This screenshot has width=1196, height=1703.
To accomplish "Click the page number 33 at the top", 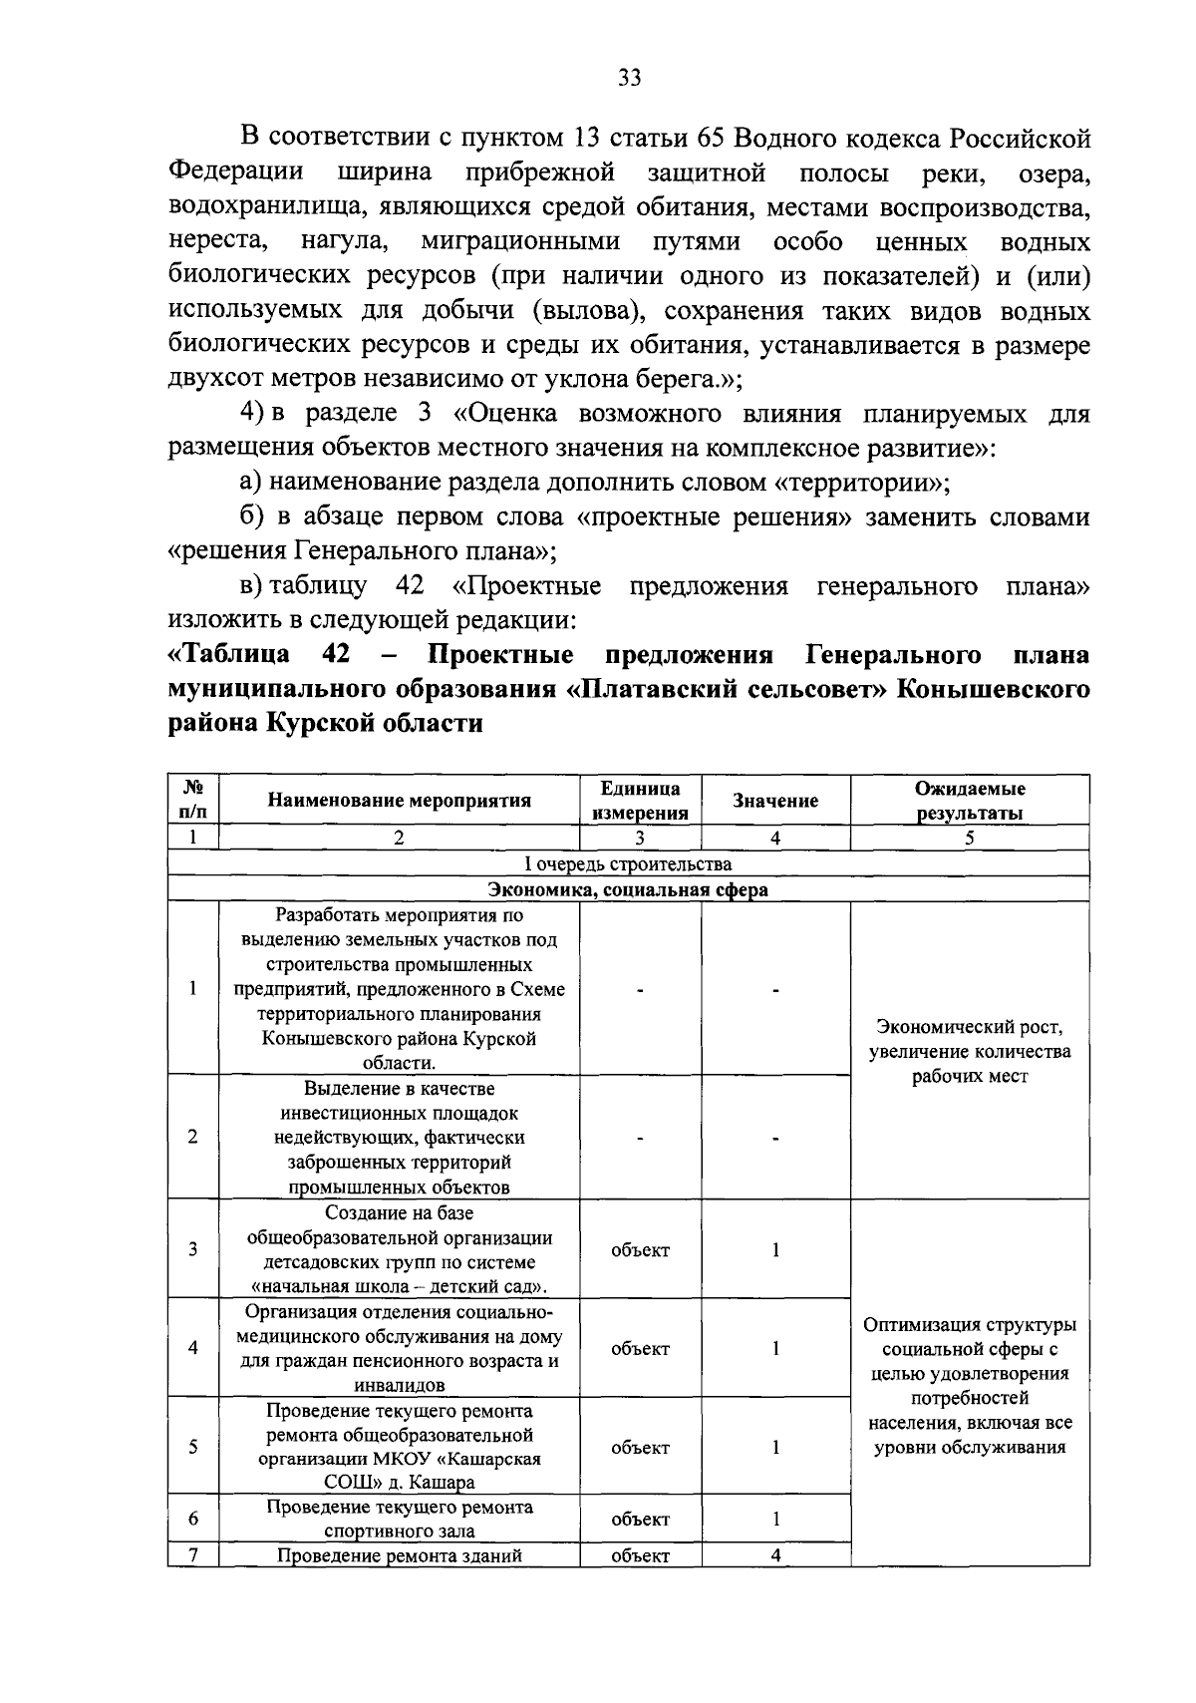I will point(628,79).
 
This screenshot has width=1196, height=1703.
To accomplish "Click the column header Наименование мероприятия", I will point(399,800).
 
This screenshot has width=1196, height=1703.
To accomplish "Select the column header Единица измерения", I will point(640,800).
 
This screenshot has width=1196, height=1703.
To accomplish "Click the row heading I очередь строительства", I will point(628,863).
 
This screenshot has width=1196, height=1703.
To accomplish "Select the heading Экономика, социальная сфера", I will point(628,889).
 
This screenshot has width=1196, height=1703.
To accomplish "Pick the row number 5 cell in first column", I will point(192,1447).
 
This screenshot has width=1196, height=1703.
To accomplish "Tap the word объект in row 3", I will point(640,1249).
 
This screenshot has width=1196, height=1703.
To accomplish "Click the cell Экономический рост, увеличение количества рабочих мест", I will point(969,1051).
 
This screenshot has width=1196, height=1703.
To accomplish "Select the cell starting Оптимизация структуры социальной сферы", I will point(969,1386).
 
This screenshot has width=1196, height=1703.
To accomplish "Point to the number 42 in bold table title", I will point(335,655).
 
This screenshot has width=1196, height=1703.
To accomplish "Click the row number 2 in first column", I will point(192,1137).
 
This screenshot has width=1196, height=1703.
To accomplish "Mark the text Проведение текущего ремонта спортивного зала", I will point(399,1519).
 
